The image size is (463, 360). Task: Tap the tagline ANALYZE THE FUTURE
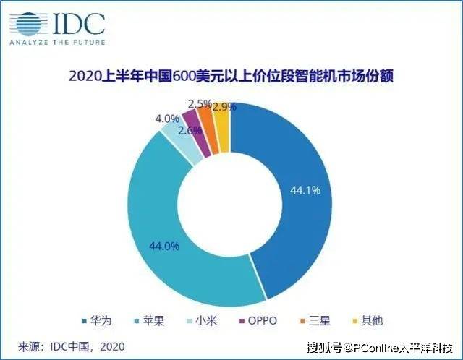pos(57,42)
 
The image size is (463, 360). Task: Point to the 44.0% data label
pos(164,245)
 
